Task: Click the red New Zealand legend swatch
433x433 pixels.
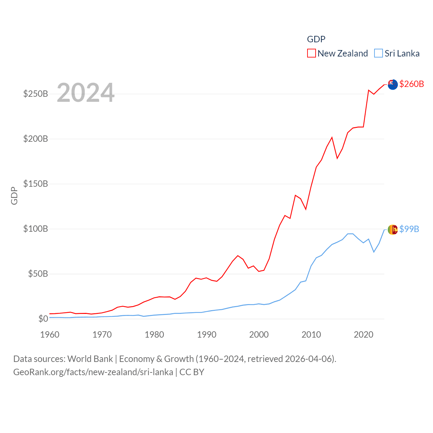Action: (311, 53)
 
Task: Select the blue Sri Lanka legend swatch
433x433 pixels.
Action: (379, 53)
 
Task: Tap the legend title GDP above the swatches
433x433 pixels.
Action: (316, 39)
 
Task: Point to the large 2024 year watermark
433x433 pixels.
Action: (86, 93)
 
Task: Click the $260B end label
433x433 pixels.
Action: (411, 84)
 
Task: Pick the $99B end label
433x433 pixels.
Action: (409, 229)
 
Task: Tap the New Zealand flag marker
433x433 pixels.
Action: (392, 85)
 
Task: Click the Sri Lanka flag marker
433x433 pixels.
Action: (392, 230)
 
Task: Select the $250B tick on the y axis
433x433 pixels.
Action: (36, 94)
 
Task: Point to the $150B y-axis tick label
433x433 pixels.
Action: (36, 184)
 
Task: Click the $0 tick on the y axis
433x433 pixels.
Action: (43, 319)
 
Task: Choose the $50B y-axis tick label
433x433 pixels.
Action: (38, 274)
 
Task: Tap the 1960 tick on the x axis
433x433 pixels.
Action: (50, 335)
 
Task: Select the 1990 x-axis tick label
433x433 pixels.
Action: (207, 335)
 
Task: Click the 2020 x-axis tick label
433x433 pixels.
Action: (363, 335)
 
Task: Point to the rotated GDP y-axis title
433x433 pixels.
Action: (14, 196)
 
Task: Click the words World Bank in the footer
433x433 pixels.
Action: (90, 359)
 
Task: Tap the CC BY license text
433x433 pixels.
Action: (192, 372)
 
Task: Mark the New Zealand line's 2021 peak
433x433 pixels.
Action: (368, 90)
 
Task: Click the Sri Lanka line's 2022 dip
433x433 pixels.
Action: (374, 252)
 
